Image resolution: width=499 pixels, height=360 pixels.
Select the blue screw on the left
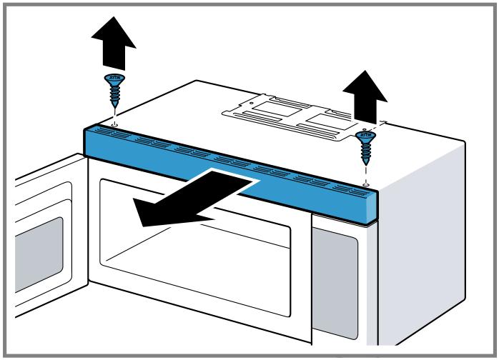[114, 89]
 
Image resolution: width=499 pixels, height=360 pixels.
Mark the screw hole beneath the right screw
[365, 184]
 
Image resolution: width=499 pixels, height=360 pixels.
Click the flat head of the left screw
[114, 77]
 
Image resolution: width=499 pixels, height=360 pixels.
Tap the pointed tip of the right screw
[365, 161]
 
